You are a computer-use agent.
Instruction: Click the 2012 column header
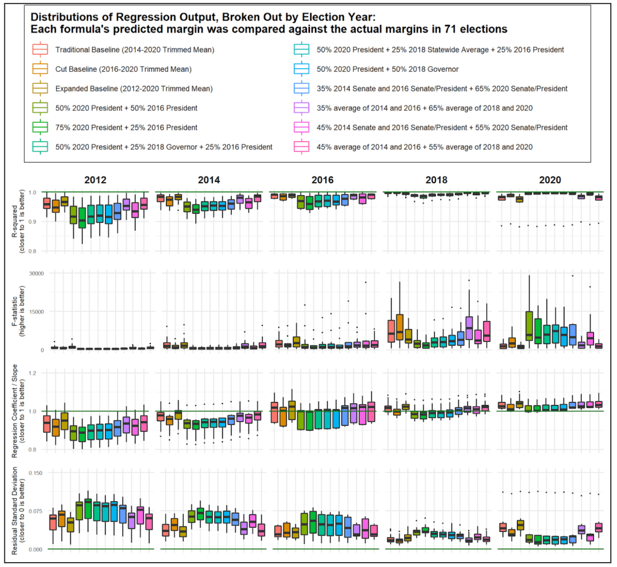(x=97, y=180)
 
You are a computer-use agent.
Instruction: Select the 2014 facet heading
(x=209, y=180)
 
